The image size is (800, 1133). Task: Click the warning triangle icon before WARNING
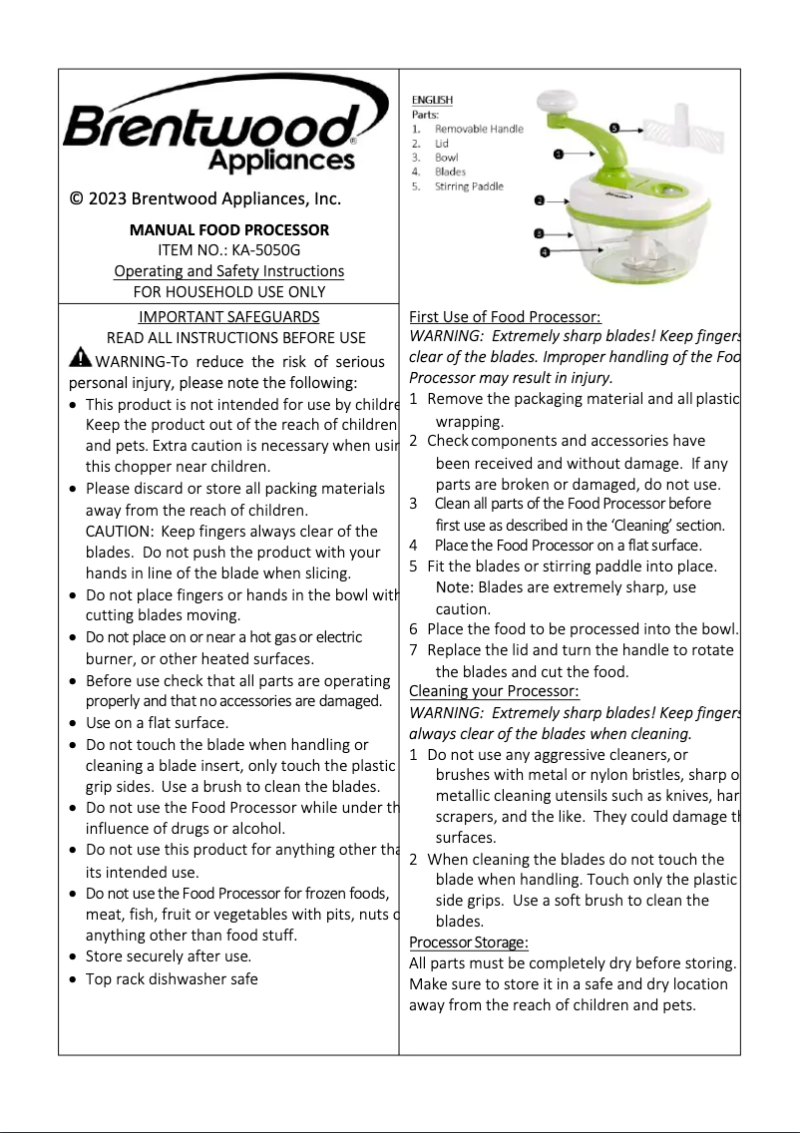[80, 359]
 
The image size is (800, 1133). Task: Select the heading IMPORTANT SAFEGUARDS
[228, 317]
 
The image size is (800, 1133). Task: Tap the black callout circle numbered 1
[559, 155]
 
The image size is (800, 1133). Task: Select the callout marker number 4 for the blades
[545, 253]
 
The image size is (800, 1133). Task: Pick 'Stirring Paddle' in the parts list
[469, 187]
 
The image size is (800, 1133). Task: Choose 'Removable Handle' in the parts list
[478, 130]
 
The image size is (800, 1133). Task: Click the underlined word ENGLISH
[432, 100]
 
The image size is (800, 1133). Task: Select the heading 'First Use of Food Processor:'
[505, 317]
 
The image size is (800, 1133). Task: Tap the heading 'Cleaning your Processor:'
[494, 691]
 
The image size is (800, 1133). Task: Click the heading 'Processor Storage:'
[468, 943]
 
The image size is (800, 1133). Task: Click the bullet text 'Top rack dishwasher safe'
[172, 979]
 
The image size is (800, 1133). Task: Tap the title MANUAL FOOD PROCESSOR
[228, 229]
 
